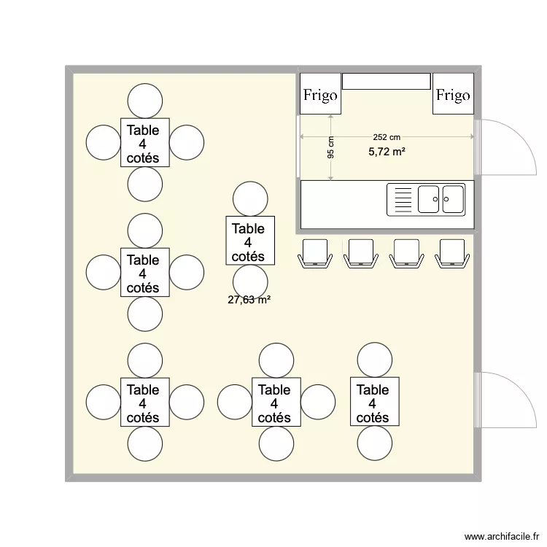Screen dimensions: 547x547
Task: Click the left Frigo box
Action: click(x=321, y=94)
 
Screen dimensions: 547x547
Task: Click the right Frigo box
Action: click(x=453, y=94)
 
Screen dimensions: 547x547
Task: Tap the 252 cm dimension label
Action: click(x=387, y=137)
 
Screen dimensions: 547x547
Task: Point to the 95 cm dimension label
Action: click(x=331, y=148)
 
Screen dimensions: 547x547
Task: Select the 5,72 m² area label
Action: click(x=387, y=152)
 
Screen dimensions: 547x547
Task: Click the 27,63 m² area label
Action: click(x=249, y=299)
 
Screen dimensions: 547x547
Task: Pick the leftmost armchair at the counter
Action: click(x=315, y=252)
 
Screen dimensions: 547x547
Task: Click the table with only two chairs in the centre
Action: click(x=250, y=240)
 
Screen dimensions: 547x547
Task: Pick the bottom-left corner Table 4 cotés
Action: click(x=145, y=402)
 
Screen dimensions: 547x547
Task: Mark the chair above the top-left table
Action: click(x=145, y=101)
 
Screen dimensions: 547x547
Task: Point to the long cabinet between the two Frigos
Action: click(x=387, y=81)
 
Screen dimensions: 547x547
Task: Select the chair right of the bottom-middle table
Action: click(x=318, y=402)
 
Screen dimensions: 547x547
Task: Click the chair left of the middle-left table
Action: click(x=104, y=272)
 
